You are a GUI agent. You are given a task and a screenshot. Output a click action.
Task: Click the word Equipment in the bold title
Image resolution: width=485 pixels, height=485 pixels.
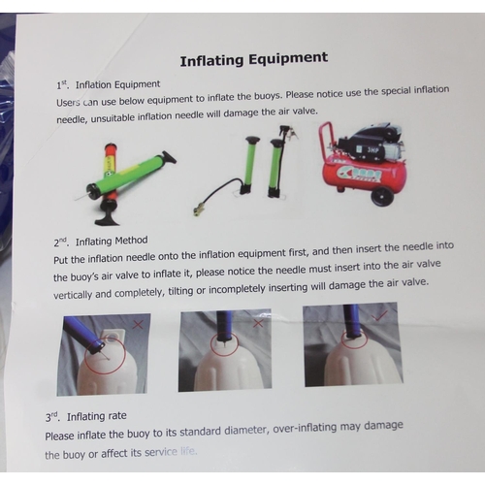[x=288, y=59]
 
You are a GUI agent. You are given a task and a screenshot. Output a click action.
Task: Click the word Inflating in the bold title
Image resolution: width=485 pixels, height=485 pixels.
[x=211, y=61]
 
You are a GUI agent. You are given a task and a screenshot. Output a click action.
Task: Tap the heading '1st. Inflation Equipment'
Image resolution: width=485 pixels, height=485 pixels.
[x=109, y=84]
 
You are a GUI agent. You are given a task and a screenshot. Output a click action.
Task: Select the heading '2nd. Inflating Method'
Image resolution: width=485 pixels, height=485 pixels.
[x=101, y=242]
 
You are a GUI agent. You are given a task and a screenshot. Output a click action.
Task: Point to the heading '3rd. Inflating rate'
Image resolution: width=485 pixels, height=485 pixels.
[x=85, y=416]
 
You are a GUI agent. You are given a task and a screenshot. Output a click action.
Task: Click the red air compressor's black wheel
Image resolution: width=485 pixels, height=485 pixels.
[x=382, y=195]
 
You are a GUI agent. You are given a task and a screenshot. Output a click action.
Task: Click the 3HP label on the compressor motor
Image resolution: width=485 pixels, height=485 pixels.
[x=372, y=150]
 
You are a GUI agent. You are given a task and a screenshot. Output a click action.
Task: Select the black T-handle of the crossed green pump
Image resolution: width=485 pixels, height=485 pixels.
[x=169, y=157]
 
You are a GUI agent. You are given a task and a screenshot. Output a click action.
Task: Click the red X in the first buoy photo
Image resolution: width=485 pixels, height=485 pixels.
[x=138, y=324]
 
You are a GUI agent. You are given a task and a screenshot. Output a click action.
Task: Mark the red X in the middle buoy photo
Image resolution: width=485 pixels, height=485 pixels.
[x=258, y=323]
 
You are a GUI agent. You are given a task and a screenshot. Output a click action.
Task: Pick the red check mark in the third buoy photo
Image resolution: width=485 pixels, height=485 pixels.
[x=379, y=315]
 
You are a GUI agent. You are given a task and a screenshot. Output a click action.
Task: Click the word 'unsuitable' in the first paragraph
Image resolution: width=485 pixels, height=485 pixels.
[x=113, y=118]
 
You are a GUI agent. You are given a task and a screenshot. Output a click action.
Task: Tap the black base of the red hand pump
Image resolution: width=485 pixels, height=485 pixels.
[x=108, y=219]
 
